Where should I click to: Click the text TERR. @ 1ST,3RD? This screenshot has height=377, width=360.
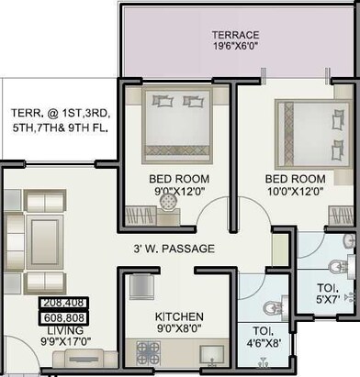[61, 114]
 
